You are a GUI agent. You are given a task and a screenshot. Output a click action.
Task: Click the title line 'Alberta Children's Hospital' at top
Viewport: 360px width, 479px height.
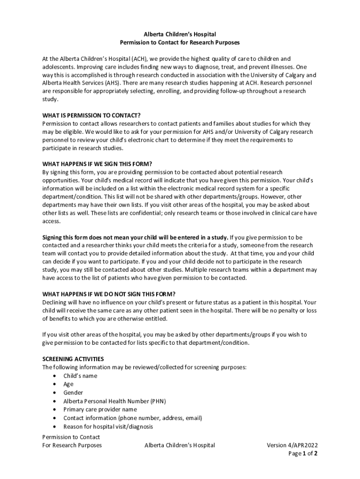point(180,34)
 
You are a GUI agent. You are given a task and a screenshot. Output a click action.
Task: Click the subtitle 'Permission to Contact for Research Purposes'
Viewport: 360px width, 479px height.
point(180,43)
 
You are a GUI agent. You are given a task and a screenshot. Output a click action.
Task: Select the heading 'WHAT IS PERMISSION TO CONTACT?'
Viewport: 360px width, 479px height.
point(91,116)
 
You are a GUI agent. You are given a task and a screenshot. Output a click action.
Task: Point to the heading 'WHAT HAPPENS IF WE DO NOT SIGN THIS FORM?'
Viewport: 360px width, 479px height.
point(108,294)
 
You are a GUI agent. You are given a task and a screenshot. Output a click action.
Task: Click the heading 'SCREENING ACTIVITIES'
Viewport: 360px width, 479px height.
point(73,359)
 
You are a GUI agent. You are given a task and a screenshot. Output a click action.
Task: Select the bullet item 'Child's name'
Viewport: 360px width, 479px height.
point(80,376)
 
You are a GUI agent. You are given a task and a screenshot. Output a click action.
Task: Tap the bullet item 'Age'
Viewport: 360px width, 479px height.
point(68,385)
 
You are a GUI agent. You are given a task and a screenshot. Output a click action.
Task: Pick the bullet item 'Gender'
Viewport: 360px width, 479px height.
point(73,393)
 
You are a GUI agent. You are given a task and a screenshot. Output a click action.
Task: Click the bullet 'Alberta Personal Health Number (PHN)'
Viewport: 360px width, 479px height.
point(115,401)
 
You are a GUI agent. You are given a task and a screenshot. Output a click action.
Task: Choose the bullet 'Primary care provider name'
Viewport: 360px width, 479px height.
point(100,410)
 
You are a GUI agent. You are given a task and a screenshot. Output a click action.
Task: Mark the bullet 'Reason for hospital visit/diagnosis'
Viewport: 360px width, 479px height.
point(108,427)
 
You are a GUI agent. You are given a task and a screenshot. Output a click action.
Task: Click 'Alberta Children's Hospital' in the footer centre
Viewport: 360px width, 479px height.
point(180,445)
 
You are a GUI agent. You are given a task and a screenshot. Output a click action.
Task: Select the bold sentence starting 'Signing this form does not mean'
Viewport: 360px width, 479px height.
point(135,237)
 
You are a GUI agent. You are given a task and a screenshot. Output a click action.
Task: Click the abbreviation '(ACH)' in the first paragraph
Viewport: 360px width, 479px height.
point(139,59)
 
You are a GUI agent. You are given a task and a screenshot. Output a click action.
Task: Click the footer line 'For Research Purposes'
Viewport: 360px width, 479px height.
point(72,445)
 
